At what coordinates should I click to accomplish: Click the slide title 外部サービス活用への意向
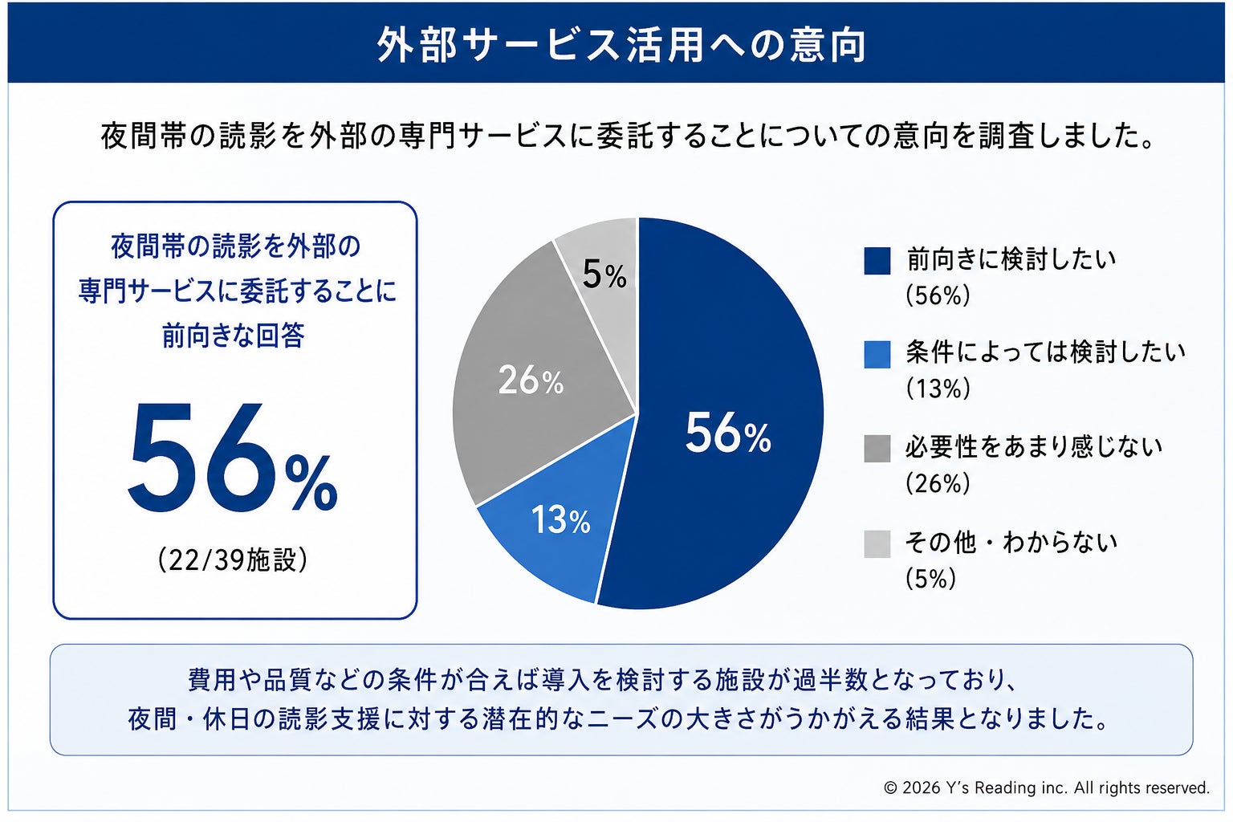[x=621, y=44]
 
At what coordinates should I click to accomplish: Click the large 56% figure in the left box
[x=233, y=458]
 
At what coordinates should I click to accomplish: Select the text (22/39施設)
[x=233, y=560]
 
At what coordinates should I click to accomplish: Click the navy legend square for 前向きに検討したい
[x=877, y=260]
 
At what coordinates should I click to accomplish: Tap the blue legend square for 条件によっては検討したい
[x=877, y=355]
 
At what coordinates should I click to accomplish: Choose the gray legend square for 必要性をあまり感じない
[x=877, y=449]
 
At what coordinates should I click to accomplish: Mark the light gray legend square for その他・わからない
[x=877, y=544]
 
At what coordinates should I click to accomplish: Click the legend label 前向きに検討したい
[x=1011, y=258]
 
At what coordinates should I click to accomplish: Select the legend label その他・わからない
[x=1011, y=543]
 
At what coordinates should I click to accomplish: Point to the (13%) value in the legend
[x=938, y=389]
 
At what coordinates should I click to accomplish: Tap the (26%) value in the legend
[x=938, y=483]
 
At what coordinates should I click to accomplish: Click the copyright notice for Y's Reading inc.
[x=1047, y=787]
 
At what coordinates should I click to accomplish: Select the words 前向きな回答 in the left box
[x=233, y=336]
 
